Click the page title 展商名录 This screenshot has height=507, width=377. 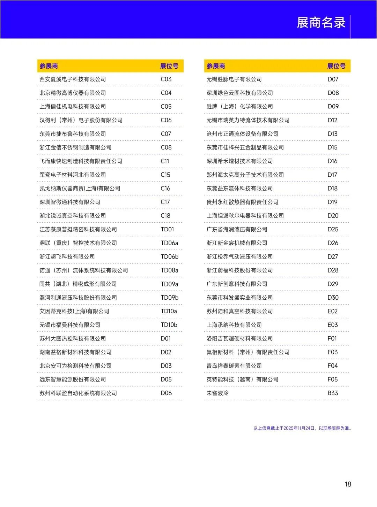321,23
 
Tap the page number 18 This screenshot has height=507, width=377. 348,484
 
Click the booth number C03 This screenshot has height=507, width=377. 166,79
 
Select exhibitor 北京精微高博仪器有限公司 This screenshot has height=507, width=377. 73,93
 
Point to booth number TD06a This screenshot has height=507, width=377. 169,243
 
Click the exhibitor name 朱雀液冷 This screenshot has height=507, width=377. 217,393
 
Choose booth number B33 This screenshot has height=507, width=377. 333,393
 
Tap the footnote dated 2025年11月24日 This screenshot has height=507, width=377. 302,428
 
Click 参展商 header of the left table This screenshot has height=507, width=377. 49,66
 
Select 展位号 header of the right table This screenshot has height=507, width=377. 336,66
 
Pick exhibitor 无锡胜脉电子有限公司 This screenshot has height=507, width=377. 234,79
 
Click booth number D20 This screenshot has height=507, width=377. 333,216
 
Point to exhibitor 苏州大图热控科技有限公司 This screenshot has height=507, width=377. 73,339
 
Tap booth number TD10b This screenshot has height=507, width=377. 169,325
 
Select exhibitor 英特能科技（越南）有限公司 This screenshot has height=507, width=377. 242,379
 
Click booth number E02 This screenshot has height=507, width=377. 333,311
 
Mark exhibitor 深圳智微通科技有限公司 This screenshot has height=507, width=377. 70,202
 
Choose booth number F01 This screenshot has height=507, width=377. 332,339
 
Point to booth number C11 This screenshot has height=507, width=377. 165,161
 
